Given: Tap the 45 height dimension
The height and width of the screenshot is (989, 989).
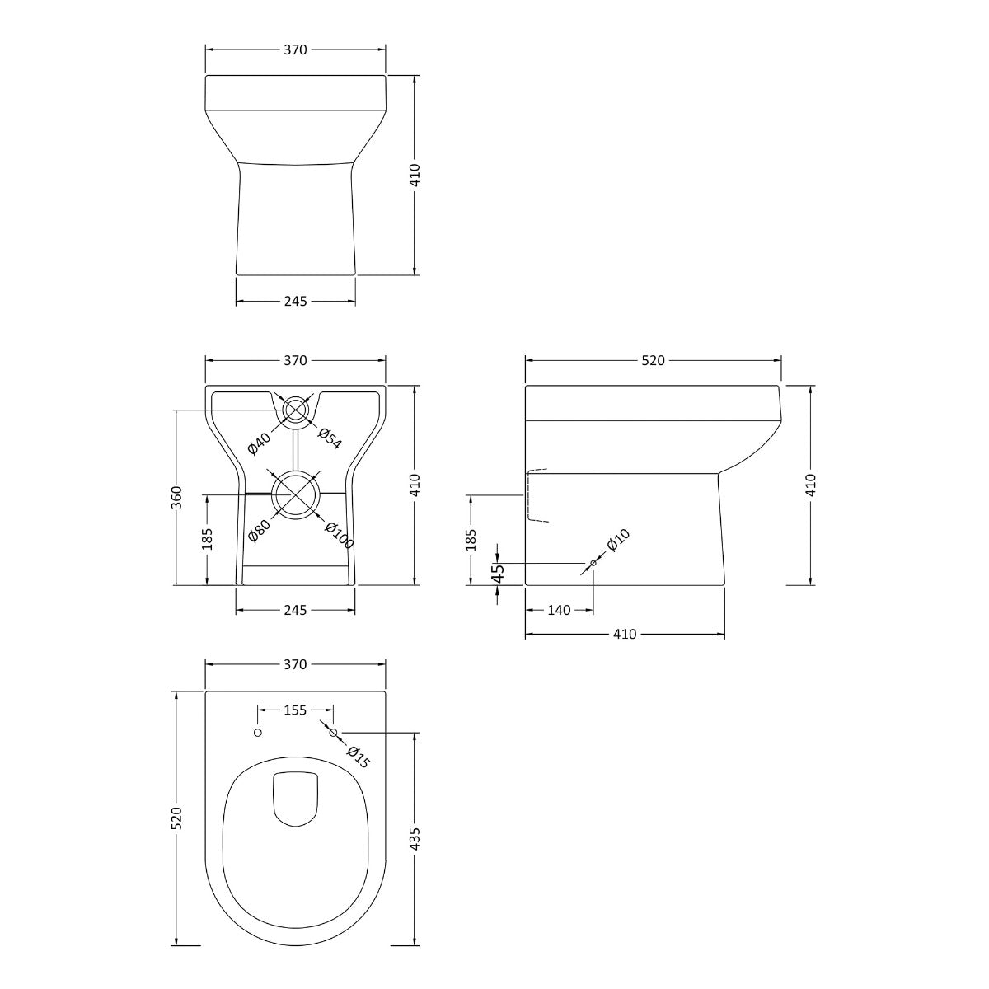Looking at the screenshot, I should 497,573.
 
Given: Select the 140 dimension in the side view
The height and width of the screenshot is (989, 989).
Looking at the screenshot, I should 558,611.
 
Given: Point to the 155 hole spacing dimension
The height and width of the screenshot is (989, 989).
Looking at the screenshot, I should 295,710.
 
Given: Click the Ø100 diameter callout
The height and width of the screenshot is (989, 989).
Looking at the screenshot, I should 339,536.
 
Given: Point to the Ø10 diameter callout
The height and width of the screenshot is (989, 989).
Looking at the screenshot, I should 618,541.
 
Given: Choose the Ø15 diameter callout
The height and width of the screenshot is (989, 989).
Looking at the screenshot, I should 359,757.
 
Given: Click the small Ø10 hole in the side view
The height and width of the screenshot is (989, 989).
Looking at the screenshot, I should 593,564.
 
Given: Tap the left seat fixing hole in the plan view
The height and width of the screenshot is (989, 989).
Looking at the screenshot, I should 258,732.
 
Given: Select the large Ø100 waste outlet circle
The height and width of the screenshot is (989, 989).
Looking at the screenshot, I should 295,494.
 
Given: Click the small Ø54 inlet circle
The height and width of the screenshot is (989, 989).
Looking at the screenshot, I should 295,410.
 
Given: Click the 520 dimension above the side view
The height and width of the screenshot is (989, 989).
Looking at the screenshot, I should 653,360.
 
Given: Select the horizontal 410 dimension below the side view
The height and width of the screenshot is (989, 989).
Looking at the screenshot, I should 625,635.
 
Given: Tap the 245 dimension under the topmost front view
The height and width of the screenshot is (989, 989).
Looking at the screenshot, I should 295,302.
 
